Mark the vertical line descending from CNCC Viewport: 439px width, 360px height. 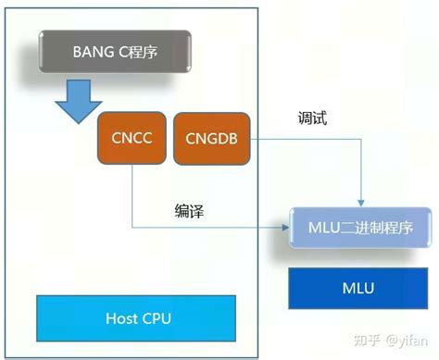click(x=132, y=194)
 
